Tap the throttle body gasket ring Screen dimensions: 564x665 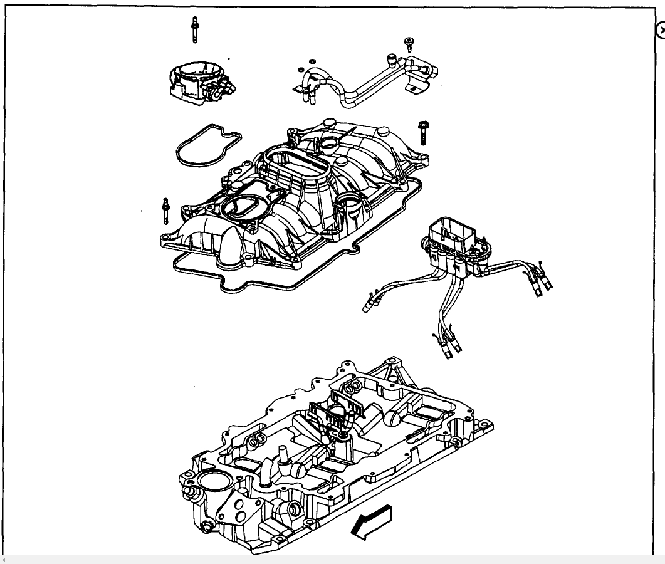(x=207, y=147)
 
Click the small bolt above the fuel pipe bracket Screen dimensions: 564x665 (x=409, y=44)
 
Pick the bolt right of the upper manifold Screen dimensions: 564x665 (x=422, y=132)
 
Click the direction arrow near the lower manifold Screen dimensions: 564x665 (x=374, y=521)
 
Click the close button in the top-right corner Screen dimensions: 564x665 (x=660, y=30)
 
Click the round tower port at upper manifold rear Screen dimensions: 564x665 (x=326, y=145)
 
